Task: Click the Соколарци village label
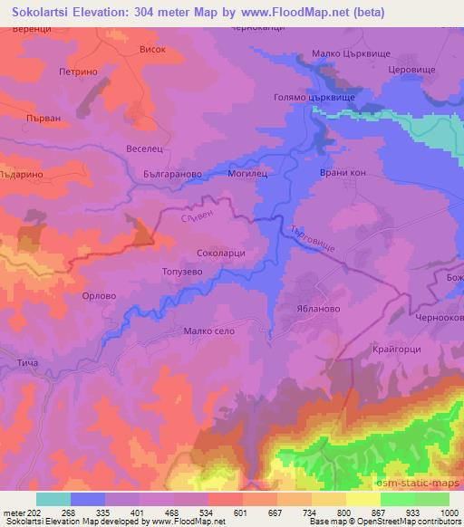(221, 255)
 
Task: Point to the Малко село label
(209, 331)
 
